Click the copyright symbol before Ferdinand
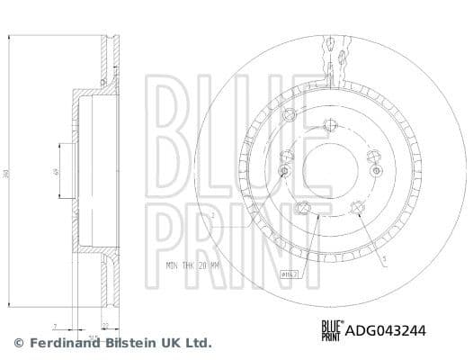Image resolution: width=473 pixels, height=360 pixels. click(x=19, y=343)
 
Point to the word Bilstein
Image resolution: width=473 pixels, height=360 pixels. click(x=128, y=343)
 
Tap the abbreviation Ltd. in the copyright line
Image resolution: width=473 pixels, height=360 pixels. click(x=198, y=343)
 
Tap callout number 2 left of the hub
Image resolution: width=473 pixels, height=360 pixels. click(x=211, y=216)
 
